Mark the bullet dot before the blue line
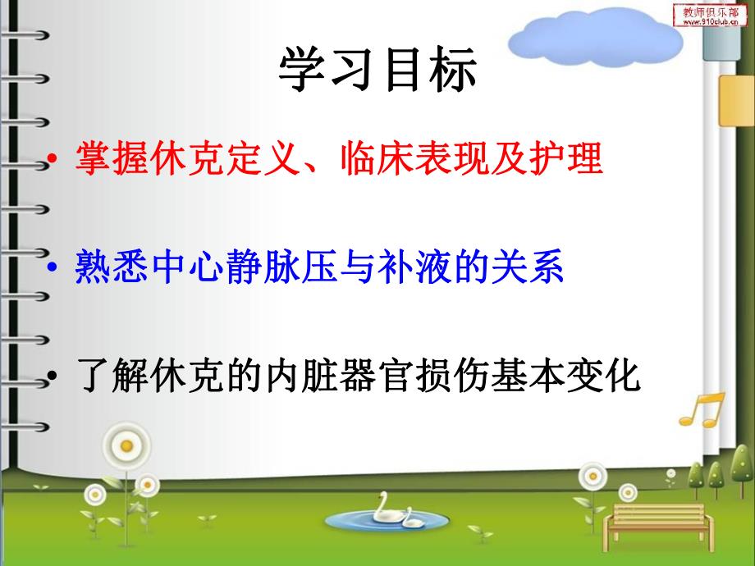[x=54, y=270]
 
